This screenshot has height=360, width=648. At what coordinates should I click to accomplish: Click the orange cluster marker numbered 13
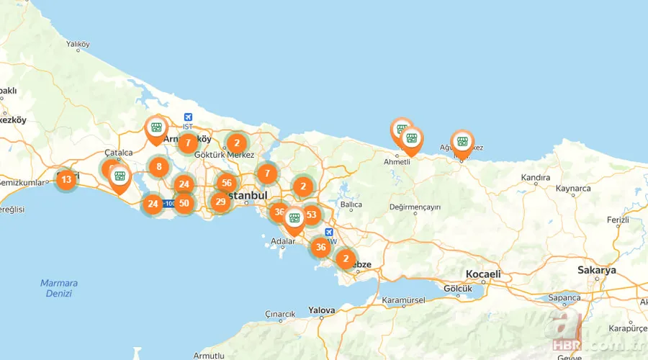pos(66,179)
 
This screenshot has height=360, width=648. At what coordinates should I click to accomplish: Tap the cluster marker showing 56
pos(227,184)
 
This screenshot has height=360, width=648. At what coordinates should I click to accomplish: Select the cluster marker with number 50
pos(184,204)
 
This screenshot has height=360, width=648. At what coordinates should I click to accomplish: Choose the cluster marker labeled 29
pos(220,202)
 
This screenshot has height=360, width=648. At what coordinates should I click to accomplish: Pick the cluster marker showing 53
pos(311,214)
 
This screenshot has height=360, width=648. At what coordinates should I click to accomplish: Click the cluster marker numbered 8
pos(159,168)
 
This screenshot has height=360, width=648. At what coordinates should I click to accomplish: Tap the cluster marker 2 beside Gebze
pos(346,258)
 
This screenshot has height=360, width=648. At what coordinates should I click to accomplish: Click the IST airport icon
pos(189,117)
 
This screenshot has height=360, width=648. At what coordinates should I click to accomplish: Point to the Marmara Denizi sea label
pos(59,288)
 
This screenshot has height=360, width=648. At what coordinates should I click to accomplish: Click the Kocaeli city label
pos(482,274)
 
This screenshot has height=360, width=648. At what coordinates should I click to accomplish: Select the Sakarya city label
pos(597,271)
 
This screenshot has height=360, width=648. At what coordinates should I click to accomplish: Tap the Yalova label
pos(322,310)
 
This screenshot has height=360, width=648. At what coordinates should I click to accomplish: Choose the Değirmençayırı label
pos(414,207)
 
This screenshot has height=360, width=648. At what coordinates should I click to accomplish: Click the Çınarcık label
pos(281,314)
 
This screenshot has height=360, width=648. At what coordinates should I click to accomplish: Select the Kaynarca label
pos(573,189)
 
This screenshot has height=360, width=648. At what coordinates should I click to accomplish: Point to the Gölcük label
pos(458,289)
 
